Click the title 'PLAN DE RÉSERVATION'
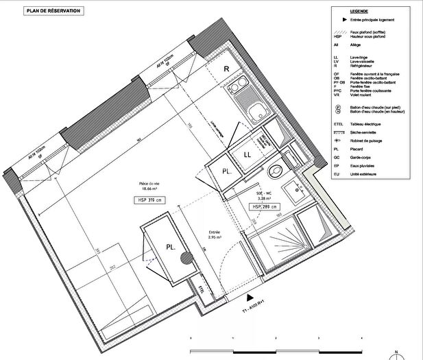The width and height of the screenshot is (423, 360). tap(53, 11)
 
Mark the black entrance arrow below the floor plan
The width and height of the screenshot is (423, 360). tap(247, 298)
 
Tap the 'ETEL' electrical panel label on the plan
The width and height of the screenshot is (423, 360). tap(202, 289)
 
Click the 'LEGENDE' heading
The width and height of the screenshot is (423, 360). tap(359, 12)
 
